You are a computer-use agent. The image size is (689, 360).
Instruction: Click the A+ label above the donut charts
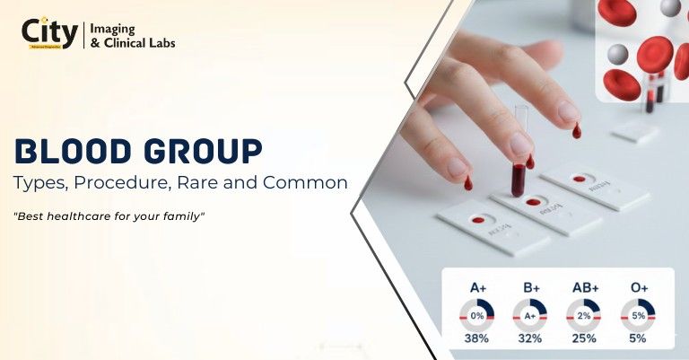(479, 287)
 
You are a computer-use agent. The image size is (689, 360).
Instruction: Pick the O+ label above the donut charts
(638, 287)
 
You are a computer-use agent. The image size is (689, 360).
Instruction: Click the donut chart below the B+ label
(530, 315)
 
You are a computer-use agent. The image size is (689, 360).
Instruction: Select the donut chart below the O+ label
(638, 315)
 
